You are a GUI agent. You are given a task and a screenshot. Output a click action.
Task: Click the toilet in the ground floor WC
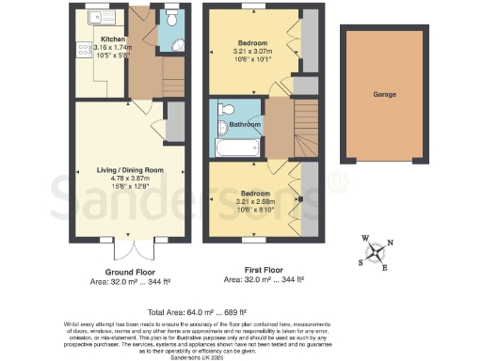(x=171, y=20)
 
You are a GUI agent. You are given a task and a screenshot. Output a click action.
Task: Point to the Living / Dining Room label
(x=116, y=170)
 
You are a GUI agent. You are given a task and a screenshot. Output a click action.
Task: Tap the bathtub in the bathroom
(x=234, y=148)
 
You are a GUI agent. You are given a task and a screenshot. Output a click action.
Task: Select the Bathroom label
(x=244, y=125)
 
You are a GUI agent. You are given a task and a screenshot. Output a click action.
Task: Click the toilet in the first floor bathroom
(x=221, y=128)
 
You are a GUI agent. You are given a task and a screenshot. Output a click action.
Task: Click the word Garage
(x=382, y=95)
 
